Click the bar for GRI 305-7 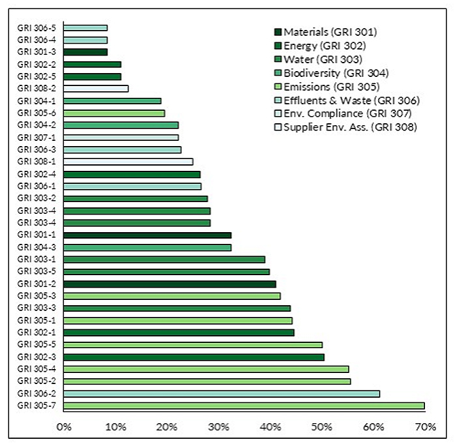pos(244,406)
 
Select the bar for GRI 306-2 pos(222,394)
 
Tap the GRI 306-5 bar pos(85,28)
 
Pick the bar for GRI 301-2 pos(169,284)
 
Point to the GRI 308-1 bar pos(128,162)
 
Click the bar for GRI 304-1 pos(112,101)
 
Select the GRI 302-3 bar pos(194,357)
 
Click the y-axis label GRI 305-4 pos(37,369)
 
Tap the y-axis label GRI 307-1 pos(37,138)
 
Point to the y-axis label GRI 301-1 pos(37,235)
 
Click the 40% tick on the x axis pos(271,427)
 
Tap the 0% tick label pos(64,427)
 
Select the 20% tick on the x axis pos(167,427)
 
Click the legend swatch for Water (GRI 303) pos(277,59)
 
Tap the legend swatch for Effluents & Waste pos(277,100)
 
